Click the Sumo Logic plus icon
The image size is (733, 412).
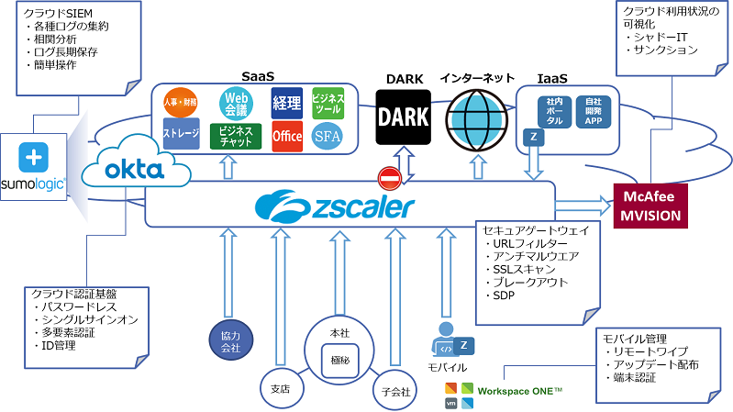click(34, 155)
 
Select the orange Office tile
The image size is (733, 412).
click(287, 136)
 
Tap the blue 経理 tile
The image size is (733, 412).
click(287, 102)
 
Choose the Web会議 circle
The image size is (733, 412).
click(237, 102)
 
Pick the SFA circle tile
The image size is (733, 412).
click(327, 136)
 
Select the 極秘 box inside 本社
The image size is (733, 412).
click(339, 360)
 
